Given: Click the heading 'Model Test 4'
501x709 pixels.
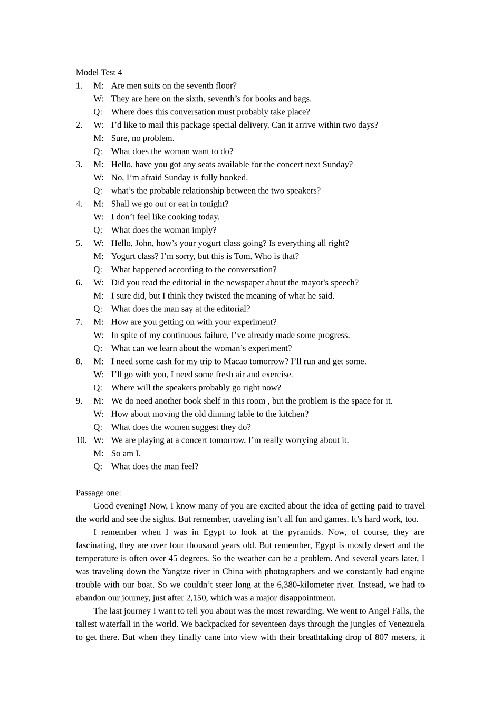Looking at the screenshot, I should (x=99, y=72).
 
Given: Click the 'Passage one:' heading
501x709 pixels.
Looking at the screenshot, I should (x=98, y=493).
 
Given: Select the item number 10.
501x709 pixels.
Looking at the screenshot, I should (x=81, y=440).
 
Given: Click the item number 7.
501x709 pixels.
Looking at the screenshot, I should (x=79, y=322).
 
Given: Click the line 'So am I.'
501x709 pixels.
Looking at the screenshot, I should (x=126, y=453).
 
